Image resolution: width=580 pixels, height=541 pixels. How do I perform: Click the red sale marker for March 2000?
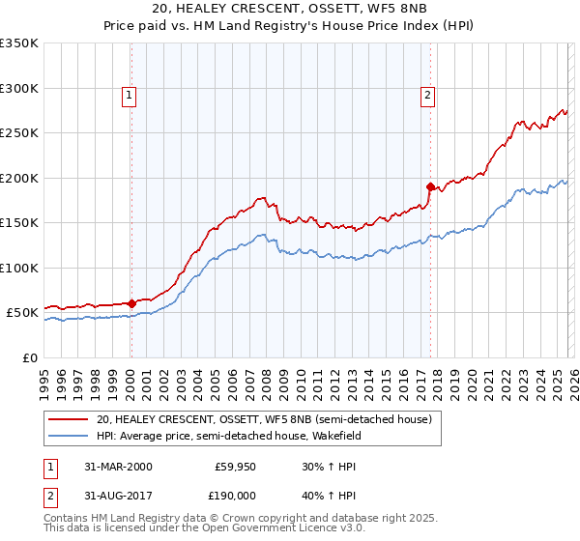point(132,303)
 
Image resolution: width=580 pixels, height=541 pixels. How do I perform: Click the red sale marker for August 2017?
point(431,185)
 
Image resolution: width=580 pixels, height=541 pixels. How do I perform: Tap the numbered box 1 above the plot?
point(129,95)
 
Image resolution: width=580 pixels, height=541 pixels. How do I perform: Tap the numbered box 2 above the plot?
point(426,95)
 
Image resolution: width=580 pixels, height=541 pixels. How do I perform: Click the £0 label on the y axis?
point(30,357)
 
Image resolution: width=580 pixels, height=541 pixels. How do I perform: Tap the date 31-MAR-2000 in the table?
point(118,467)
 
